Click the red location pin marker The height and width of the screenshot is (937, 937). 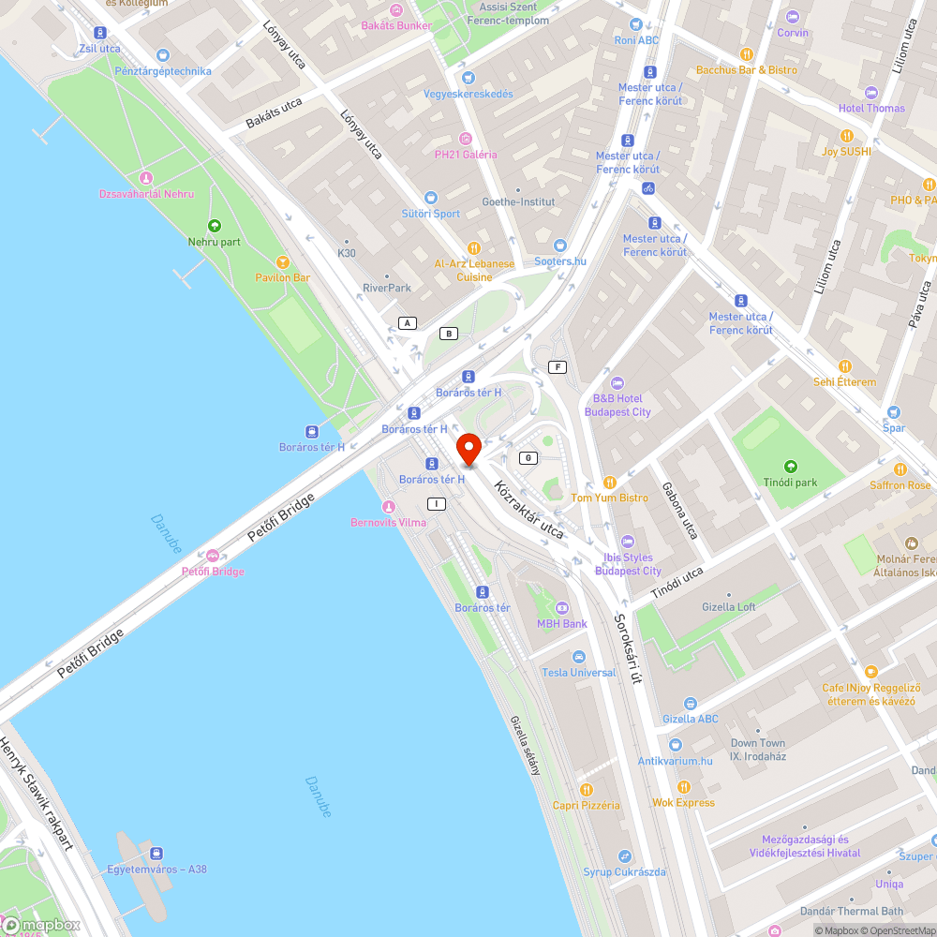pos(468,450)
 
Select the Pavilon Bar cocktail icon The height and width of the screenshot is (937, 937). pos(282,262)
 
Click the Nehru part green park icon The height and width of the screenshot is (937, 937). pos(214,226)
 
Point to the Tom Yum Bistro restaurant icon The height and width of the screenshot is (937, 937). pos(609,483)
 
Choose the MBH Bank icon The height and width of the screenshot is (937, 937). pos(562,608)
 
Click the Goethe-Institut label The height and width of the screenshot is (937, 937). pos(518,201)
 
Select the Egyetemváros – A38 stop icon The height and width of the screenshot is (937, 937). pos(156,854)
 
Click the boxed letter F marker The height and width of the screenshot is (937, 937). pos(559,366)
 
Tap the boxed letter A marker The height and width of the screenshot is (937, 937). pos(407,323)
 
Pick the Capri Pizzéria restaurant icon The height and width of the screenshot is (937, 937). pos(587,790)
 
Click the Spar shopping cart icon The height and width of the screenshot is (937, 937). pos(893,412)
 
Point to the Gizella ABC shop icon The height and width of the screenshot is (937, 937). pos(691,704)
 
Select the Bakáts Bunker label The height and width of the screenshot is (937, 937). pos(397,25)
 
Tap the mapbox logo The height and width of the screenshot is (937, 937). pos(42,924)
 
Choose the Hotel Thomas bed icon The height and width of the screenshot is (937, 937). pos(871,92)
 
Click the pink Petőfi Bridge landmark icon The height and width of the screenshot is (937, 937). pos(213,556)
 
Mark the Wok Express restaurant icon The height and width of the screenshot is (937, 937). pos(684,787)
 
